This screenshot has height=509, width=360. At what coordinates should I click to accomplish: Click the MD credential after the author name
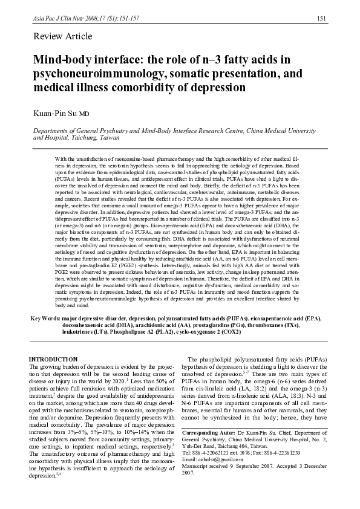(85, 114)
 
